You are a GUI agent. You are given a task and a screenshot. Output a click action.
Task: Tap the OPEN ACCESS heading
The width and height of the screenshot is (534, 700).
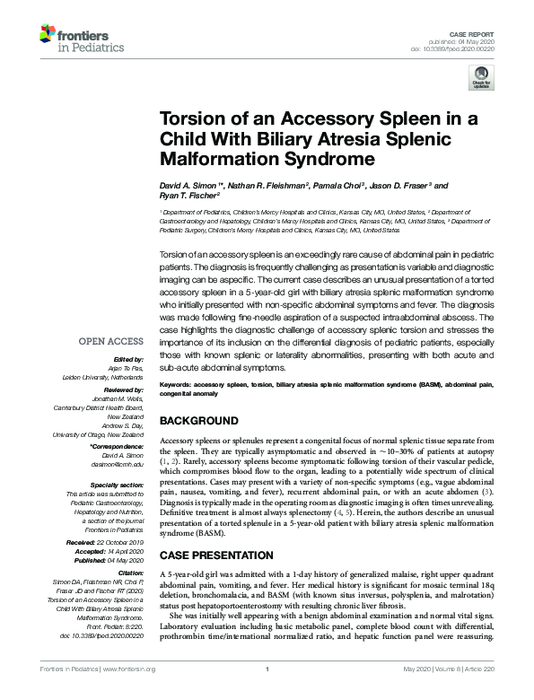(110, 342)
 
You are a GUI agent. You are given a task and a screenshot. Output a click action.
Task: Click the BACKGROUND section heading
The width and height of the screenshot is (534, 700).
(205, 420)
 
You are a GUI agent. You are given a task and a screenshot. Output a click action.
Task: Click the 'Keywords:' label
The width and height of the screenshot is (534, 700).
(179, 383)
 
